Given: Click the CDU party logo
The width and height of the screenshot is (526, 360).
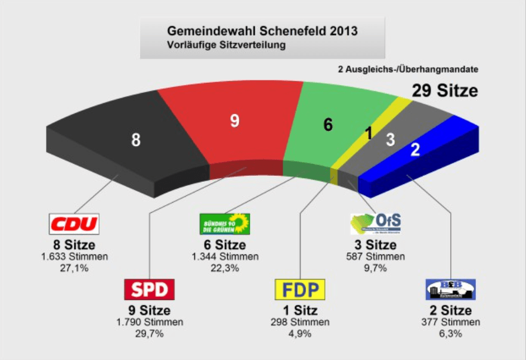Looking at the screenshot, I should click(73, 224).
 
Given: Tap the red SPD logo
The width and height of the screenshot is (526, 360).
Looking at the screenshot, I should click(150, 290).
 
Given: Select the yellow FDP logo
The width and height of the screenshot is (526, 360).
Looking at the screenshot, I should click(300, 290).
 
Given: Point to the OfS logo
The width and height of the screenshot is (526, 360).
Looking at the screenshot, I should click(375, 224).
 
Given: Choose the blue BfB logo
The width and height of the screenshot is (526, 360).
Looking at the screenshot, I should click(451, 290).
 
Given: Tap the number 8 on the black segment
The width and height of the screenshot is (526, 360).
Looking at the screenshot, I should click(136, 141).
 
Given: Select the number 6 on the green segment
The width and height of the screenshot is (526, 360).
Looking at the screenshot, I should click(327, 125).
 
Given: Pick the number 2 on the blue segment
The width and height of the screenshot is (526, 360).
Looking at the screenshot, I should click(416, 150).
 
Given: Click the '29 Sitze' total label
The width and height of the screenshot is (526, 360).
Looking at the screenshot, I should click(444, 91).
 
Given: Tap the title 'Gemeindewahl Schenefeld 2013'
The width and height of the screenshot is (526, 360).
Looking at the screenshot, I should click(262, 30).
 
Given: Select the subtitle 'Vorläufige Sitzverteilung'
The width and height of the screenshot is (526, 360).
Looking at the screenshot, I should click(227, 45).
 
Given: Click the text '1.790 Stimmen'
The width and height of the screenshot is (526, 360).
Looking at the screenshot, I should click(150, 322).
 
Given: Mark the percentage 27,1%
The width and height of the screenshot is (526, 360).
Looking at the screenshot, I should click(73, 268).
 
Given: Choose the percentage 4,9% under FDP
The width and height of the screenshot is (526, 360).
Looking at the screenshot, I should click(300, 334).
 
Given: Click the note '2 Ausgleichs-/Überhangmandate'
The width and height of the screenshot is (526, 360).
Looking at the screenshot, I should click(407, 69).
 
